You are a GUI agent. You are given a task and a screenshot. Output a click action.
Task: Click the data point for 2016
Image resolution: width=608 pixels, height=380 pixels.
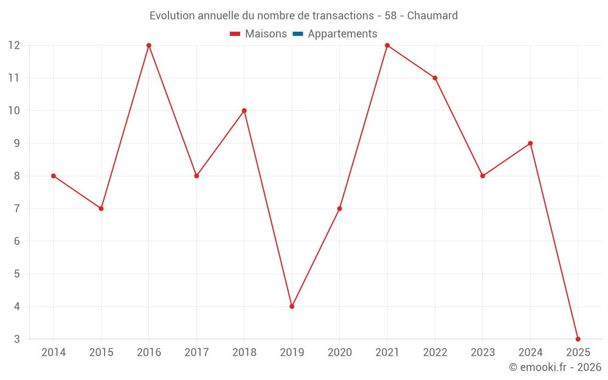(149, 46)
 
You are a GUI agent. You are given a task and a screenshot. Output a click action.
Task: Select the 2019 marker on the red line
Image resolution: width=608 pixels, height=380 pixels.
(292, 306)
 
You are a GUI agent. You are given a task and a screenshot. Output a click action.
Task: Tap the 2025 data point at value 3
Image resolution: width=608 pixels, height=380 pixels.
(578, 339)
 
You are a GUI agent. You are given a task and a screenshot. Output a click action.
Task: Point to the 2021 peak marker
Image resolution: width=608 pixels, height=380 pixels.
(387, 46)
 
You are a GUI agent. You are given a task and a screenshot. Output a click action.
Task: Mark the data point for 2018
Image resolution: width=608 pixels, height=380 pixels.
(244, 111)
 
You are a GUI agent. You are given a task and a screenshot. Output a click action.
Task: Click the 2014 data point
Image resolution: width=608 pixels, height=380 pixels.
(54, 176)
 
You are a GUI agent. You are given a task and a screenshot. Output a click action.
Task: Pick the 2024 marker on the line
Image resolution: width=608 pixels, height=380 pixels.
(530, 143)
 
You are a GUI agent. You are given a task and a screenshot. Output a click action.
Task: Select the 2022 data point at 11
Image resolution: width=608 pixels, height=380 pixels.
(435, 78)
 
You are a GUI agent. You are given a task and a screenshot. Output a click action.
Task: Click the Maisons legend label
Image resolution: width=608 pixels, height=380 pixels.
(266, 34)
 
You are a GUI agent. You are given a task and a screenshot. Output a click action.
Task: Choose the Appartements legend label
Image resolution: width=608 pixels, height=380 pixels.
(342, 34)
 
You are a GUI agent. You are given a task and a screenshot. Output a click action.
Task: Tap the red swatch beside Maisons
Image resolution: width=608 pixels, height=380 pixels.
(235, 34)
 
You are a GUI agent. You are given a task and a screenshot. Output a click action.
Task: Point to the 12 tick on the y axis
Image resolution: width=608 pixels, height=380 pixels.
(14, 46)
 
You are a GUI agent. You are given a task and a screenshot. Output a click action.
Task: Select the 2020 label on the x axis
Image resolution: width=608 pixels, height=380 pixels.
(340, 353)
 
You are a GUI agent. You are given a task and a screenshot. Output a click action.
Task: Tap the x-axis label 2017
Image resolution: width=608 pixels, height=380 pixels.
(196, 353)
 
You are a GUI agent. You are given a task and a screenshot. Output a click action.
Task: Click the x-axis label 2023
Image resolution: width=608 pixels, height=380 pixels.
(483, 353)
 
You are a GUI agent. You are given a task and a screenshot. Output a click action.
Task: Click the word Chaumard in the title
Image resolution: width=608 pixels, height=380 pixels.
(432, 16)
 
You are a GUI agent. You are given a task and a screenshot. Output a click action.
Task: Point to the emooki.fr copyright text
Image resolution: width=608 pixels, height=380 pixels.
(555, 367)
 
